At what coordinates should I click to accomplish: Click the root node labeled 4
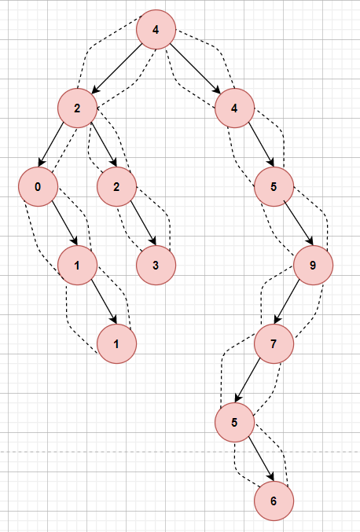click(x=156, y=30)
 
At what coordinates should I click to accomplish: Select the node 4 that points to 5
click(x=234, y=108)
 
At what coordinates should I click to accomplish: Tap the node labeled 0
click(x=38, y=186)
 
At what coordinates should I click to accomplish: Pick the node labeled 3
click(x=156, y=266)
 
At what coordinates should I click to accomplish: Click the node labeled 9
click(x=313, y=266)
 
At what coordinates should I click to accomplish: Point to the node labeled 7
click(x=274, y=343)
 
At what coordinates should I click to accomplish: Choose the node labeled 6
click(x=274, y=501)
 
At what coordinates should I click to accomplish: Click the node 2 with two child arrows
click(x=77, y=108)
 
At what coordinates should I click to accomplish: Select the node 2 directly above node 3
click(x=116, y=186)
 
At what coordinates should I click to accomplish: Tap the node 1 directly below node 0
click(x=77, y=266)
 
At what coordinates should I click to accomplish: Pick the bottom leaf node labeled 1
click(x=116, y=343)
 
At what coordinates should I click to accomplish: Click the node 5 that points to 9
click(x=274, y=186)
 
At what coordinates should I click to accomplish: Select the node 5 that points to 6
click(x=234, y=423)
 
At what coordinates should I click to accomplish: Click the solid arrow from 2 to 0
click(x=51, y=144)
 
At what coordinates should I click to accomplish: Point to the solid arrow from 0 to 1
click(x=65, y=223)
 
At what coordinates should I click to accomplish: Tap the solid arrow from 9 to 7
click(x=287, y=301)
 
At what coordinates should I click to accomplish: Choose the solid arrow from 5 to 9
click(x=300, y=223)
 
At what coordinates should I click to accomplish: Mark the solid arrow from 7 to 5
click(x=248, y=380)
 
